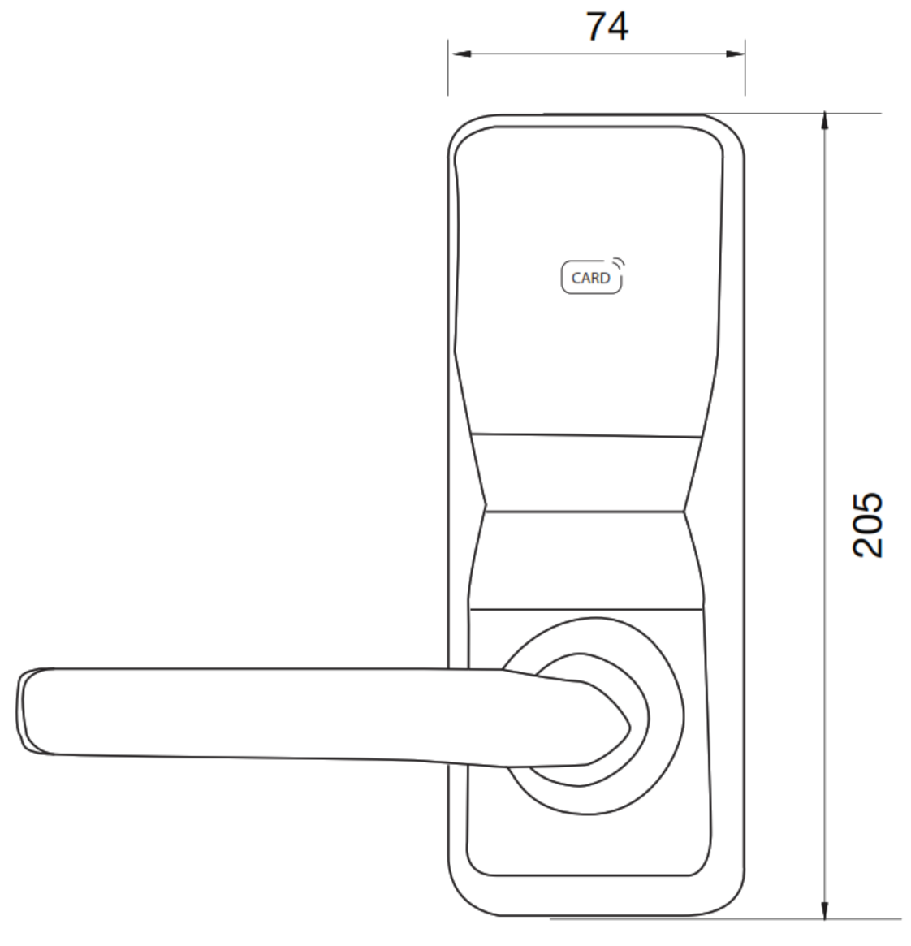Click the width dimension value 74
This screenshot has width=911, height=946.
pos(607,27)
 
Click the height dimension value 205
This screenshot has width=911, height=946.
pos(866,524)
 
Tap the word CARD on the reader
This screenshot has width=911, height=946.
pos(590,278)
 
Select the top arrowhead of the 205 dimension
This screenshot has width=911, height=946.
pos(825,122)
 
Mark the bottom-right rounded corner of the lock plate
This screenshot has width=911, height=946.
pos(732,902)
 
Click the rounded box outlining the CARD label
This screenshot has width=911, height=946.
pos(563,278)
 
